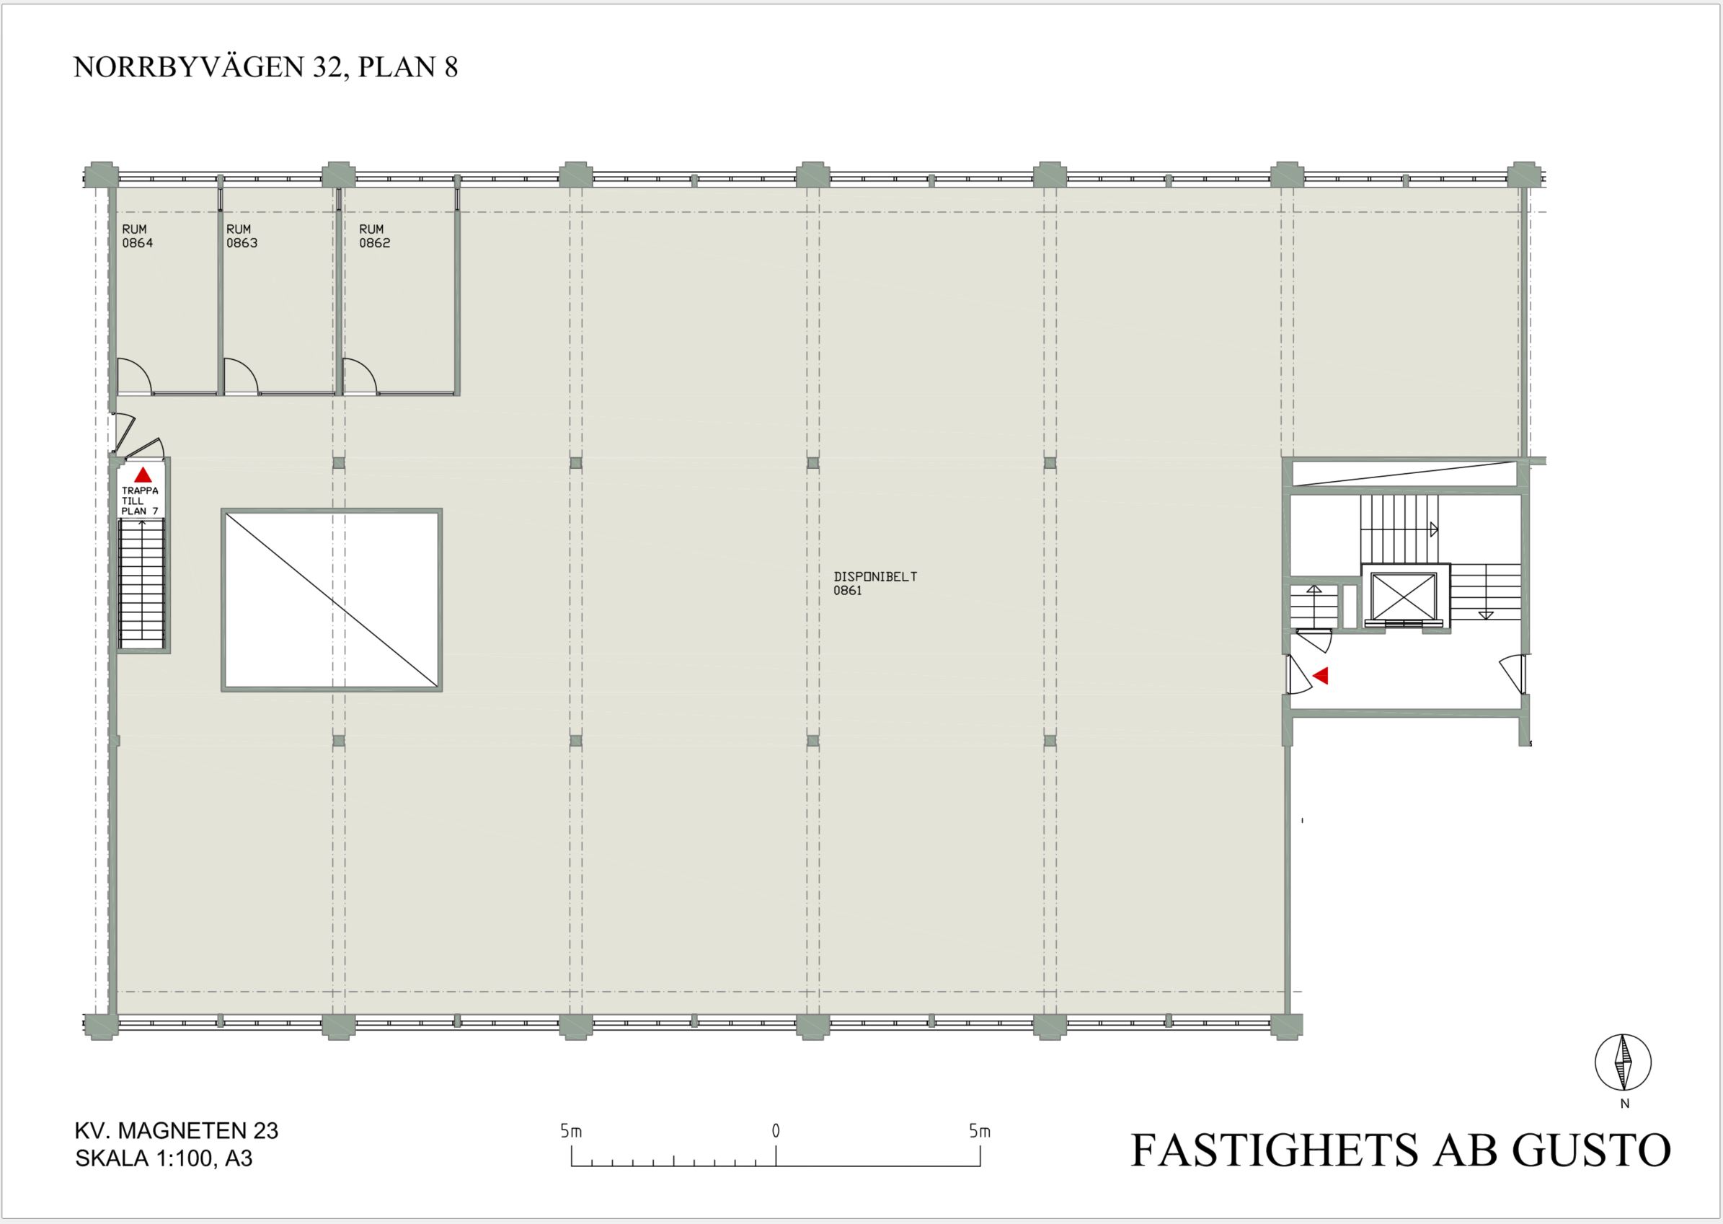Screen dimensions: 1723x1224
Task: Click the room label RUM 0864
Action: tap(137, 236)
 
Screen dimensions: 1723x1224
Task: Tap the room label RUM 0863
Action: tap(242, 236)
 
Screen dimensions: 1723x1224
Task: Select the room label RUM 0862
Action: tap(374, 236)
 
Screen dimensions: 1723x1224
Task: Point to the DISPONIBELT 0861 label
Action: tap(875, 584)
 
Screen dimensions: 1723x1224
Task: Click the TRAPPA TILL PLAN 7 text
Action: tap(140, 501)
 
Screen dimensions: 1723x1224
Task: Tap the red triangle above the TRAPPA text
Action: tap(143, 475)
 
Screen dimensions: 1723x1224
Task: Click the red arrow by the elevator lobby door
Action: tap(1320, 675)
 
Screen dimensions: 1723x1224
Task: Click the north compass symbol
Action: tap(1624, 1062)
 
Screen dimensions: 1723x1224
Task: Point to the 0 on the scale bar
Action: tap(776, 1130)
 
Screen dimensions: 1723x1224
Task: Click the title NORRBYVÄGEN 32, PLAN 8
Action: tap(266, 67)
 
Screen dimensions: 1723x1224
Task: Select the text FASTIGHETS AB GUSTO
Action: tap(1401, 1150)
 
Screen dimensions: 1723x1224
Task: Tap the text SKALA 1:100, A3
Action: tap(164, 1158)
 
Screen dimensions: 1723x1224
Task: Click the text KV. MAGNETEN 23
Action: tap(177, 1130)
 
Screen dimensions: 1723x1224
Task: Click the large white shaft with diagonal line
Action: tap(332, 600)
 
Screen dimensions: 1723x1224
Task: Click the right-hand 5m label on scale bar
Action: tap(980, 1130)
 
